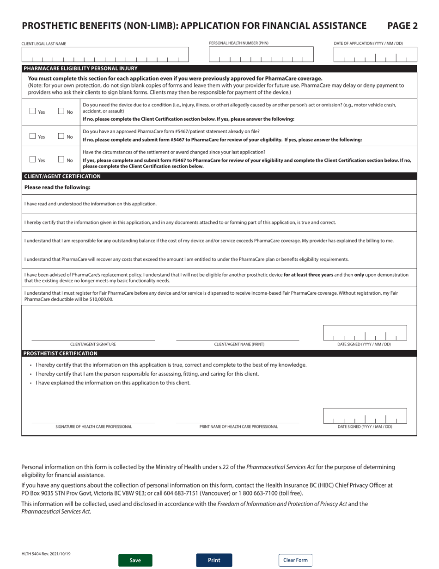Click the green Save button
[135, 560]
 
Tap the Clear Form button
[295, 560]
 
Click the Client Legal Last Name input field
[105, 55]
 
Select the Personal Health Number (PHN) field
[261, 55]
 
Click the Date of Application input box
[375, 55]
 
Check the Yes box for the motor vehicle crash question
[33, 111]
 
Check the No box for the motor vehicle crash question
[61, 111]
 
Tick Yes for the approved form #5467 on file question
[33, 136]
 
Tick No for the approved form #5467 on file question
[61, 136]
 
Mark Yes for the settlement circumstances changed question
[33, 160]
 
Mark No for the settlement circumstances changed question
[61, 160]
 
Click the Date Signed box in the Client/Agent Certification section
[365, 333]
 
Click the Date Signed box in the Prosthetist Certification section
[365, 415]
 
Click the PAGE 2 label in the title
[402, 26]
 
